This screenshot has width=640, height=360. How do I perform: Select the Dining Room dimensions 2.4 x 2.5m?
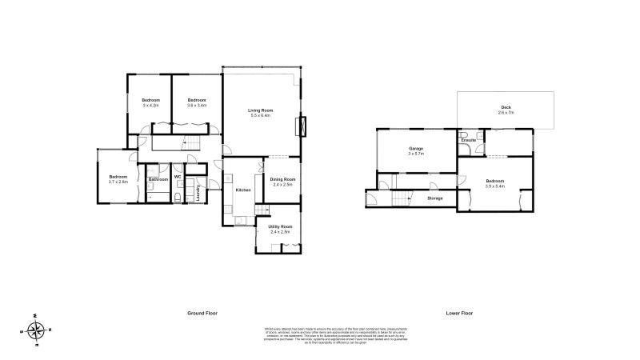[282, 185]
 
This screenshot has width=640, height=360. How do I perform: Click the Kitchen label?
[244, 190]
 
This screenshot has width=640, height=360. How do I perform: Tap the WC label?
[178, 176]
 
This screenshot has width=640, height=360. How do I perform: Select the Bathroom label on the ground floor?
[158, 179]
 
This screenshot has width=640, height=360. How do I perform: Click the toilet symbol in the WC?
[178, 194]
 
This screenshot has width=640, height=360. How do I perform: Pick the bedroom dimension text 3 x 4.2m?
[151, 105]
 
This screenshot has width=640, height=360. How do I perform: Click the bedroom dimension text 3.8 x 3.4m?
[197, 105]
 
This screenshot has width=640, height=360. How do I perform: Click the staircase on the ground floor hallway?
[190, 143]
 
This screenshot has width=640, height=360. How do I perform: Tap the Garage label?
[416, 148]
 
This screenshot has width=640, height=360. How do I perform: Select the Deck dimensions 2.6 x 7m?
[506, 113]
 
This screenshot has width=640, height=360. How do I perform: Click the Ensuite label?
[469, 140]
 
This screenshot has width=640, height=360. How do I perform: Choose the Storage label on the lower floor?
[435, 198]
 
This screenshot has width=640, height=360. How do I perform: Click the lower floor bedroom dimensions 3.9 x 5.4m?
[495, 186]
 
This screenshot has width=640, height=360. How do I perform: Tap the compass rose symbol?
[37, 329]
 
